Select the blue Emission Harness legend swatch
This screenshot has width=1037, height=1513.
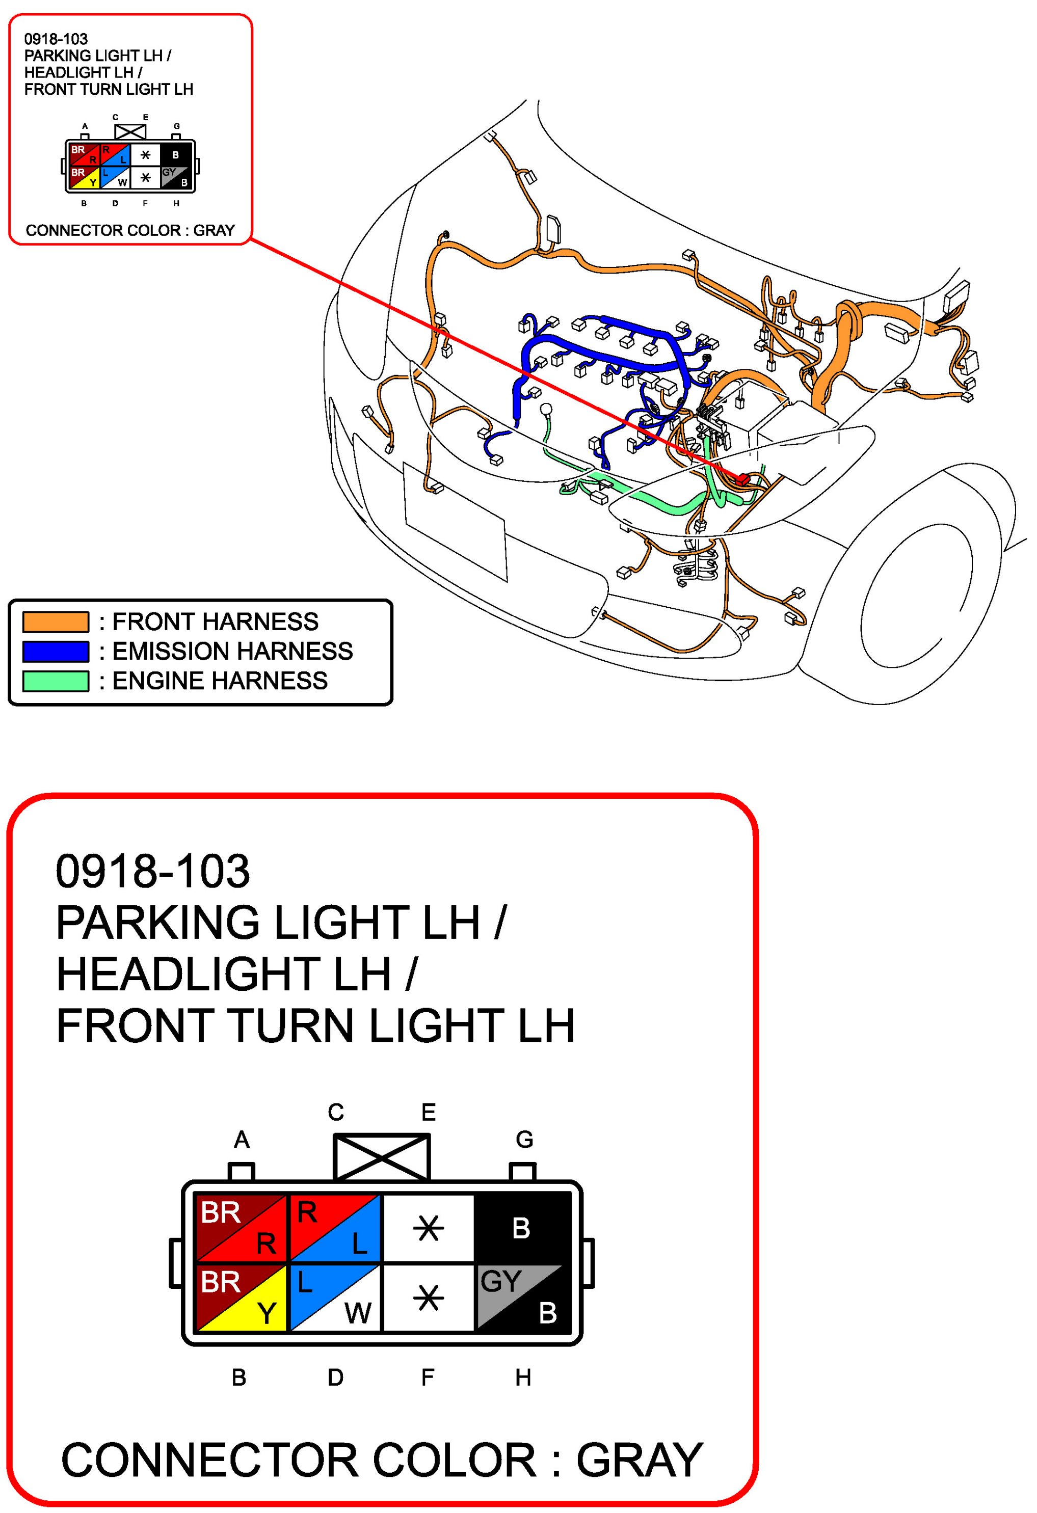point(56,651)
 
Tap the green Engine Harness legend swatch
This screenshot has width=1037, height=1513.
point(56,681)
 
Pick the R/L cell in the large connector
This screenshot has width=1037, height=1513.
point(335,1227)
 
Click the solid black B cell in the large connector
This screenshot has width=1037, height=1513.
point(522,1227)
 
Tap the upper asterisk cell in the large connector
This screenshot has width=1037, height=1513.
point(429,1227)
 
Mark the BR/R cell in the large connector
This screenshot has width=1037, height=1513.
point(241,1227)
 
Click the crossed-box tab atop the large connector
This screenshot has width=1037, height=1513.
point(382,1157)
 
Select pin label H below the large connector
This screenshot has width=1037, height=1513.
point(523,1377)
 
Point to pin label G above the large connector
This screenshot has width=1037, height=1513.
point(524,1139)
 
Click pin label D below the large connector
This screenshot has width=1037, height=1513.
point(335,1377)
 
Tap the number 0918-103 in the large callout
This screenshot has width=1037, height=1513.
point(152,871)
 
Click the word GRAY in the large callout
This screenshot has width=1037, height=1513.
point(639,1460)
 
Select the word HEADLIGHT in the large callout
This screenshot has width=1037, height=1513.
point(223,974)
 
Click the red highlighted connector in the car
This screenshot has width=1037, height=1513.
point(742,479)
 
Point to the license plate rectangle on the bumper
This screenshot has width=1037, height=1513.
point(455,521)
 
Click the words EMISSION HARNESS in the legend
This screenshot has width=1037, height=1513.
point(232,651)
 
